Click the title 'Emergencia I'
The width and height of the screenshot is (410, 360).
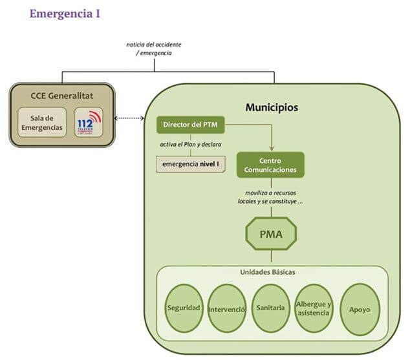click(x=65, y=13)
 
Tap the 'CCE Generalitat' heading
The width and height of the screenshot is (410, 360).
click(x=62, y=96)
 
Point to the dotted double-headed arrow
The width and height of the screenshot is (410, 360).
click(x=128, y=118)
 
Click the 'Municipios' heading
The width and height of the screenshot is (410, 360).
click(x=272, y=107)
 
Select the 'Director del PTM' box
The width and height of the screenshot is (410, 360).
click(x=187, y=123)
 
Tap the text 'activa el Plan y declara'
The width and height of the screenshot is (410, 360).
click(x=187, y=143)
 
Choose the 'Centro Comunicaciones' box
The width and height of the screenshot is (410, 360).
click(x=270, y=165)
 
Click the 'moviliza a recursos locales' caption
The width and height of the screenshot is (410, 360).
click(x=270, y=198)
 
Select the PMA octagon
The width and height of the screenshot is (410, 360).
click(x=270, y=234)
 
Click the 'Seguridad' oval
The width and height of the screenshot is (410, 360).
click(x=184, y=308)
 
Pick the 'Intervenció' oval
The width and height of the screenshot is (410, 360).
click(x=226, y=308)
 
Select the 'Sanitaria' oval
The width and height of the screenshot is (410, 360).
click(x=270, y=308)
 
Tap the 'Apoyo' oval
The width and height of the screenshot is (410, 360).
click(x=360, y=309)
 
